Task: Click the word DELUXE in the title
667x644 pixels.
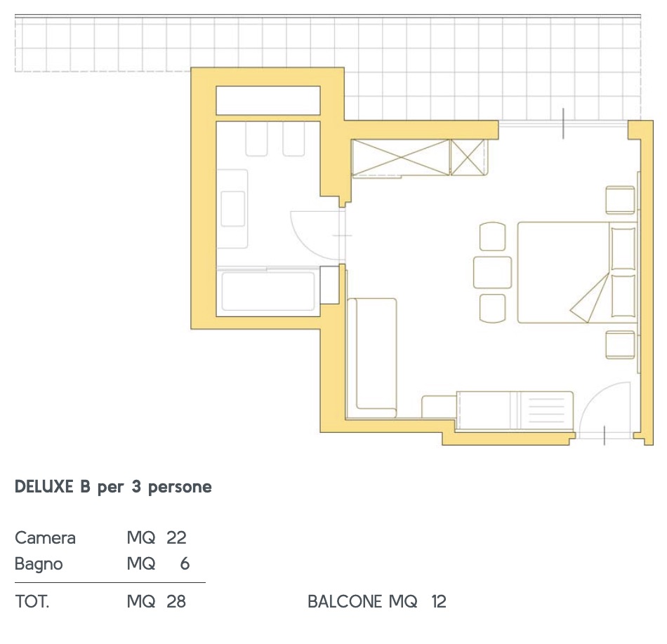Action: pyautogui.click(x=44, y=487)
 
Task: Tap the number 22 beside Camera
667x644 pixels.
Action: pyautogui.click(x=176, y=538)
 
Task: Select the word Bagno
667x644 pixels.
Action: pyautogui.click(x=39, y=565)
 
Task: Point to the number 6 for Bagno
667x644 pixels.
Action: pyautogui.click(x=185, y=563)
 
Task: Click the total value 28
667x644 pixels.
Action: pyautogui.click(x=176, y=601)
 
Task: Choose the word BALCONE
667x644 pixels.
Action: pyautogui.click(x=345, y=601)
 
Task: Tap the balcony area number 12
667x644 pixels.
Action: pyautogui.click(x=439, y=601)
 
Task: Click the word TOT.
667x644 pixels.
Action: pyautogui.click(x=32, y=601)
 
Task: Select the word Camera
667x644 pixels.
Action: pyautogui.click(x=45, y=538)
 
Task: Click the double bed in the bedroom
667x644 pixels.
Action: pyautogui.click(x=577, y=272)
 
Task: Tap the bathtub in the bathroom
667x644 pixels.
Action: pyautogui.click(x=268, y=292)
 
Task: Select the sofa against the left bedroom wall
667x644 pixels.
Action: pyautogui.click(x=372, y=358)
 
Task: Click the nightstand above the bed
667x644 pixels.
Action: pyautogui.click(x=621, y=200)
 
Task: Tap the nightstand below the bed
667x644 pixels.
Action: pyautogui.click(x=621, y=344)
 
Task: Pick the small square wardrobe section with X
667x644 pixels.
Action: pyautogui.click(x=468, y=157)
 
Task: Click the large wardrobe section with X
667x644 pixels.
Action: pyautogui.click(x=401, y=157)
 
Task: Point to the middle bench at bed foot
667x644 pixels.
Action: pyautogui.click(x=493, y=272)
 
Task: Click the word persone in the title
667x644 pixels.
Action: pyautogui.click(x=180, y=488)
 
